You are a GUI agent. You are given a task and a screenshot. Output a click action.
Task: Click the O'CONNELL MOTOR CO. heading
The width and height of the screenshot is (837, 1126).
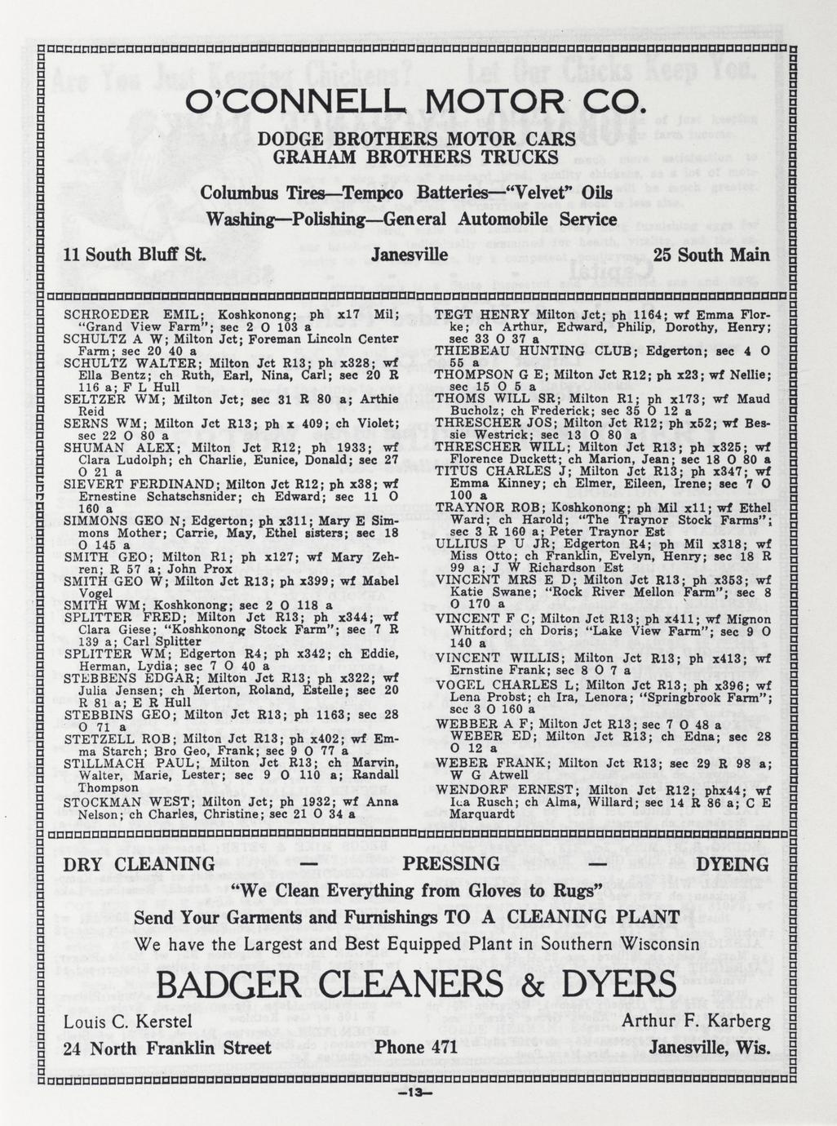click(416, 104)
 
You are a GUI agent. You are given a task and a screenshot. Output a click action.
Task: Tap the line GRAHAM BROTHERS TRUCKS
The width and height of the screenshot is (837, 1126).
click(416, 157)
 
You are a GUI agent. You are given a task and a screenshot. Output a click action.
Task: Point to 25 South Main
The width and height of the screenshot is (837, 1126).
click(711, 255)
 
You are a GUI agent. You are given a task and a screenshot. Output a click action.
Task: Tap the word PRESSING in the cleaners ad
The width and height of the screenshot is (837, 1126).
click(452, 864)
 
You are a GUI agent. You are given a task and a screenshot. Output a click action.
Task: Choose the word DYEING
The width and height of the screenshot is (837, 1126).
click(731, 864)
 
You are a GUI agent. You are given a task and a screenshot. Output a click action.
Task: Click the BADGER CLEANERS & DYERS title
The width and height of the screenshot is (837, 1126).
click(416, 985)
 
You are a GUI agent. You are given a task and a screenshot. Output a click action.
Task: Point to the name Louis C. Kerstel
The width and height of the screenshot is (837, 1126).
click(128, 1022)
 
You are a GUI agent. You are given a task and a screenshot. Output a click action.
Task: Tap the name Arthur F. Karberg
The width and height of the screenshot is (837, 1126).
click(696, 1022)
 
